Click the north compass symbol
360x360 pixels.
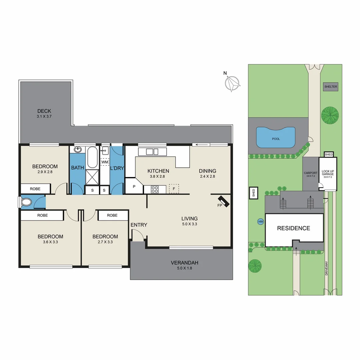[232, 83]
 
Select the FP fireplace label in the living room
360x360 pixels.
[220, 205]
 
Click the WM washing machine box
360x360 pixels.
[105, 162]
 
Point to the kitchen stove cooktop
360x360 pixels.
[155, 189]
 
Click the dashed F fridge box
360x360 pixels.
[174, 189]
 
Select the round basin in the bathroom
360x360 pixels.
[78, 149]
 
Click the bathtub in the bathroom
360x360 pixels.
[92, 158]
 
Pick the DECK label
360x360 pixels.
[44, 111]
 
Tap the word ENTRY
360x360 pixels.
[139, 225]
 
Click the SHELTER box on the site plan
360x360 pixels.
[331, 87]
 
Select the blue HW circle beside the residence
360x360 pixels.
[260, 221]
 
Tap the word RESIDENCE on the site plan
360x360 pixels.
[294, 228]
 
